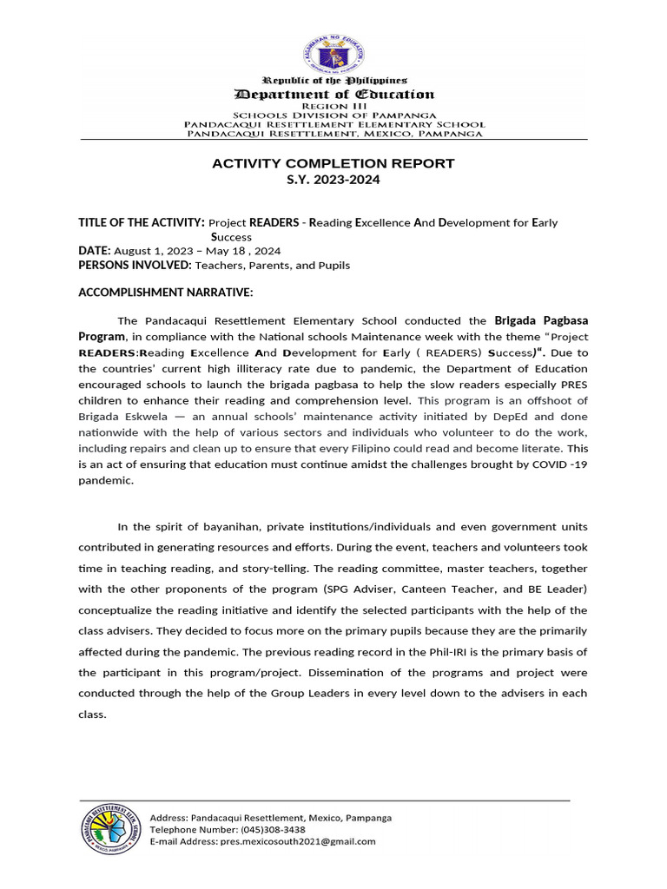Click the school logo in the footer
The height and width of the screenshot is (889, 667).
(x=110, y=831)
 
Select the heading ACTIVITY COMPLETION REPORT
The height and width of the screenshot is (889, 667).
(x=333, y=163)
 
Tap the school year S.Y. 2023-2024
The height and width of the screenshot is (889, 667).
(x=333, y=180)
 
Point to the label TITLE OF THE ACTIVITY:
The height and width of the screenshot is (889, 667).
(x=142, y=222)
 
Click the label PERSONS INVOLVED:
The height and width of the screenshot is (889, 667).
(x=135, y=265)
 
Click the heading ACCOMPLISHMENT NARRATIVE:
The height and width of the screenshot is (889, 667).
(x=165, y=293)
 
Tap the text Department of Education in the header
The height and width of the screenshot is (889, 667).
(x=333, y=94)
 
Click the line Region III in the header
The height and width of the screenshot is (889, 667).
(x=333, y=106)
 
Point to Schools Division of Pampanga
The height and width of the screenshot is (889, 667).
(x=333, y=115)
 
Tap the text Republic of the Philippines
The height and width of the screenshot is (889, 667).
(x=333, y=80)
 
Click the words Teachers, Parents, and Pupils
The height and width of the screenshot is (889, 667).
(x=272, y=265)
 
